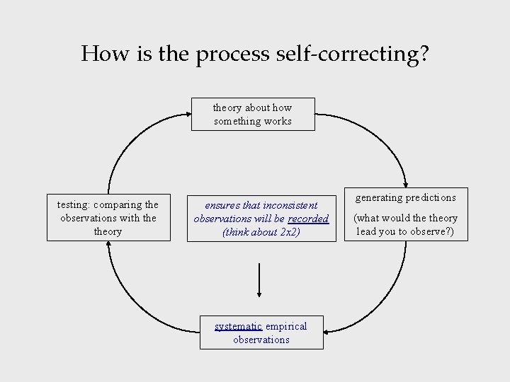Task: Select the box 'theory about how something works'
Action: pos(253,115)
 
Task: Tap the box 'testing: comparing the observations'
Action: pos(108,218)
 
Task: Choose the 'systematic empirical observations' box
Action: pos(261,332)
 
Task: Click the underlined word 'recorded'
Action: pos(308,219)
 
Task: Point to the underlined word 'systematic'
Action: pos(239,326)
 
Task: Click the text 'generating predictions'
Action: pos(405,197)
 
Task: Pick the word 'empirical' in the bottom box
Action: pos(287,326)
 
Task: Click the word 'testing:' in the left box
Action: pos(73,204)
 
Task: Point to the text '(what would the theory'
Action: pos(406,219)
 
